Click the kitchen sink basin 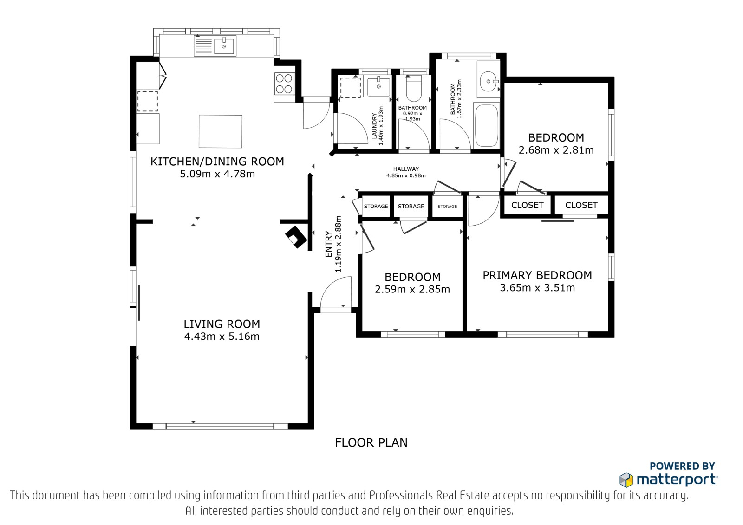[x=224, y=46]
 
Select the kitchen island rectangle [x=221, y=131]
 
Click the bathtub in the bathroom [x=487, y=125]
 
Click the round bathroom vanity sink [x=489, y=81]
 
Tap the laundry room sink [x=378, y=86]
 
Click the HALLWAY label [x=406, y=169]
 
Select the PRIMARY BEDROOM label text [x=537, y=275]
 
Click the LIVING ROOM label [x=222, y=324]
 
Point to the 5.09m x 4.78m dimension [x=217, y=174]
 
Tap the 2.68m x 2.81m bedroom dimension [x=556, y=150]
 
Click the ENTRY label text [x=329, y=244]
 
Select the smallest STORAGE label [x=448, y=206]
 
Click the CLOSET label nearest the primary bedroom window [x=581, y=205]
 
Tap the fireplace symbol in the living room [x=296, y=237]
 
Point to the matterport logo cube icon [x=626, y=480]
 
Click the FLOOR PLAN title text [x=371, y=442]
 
